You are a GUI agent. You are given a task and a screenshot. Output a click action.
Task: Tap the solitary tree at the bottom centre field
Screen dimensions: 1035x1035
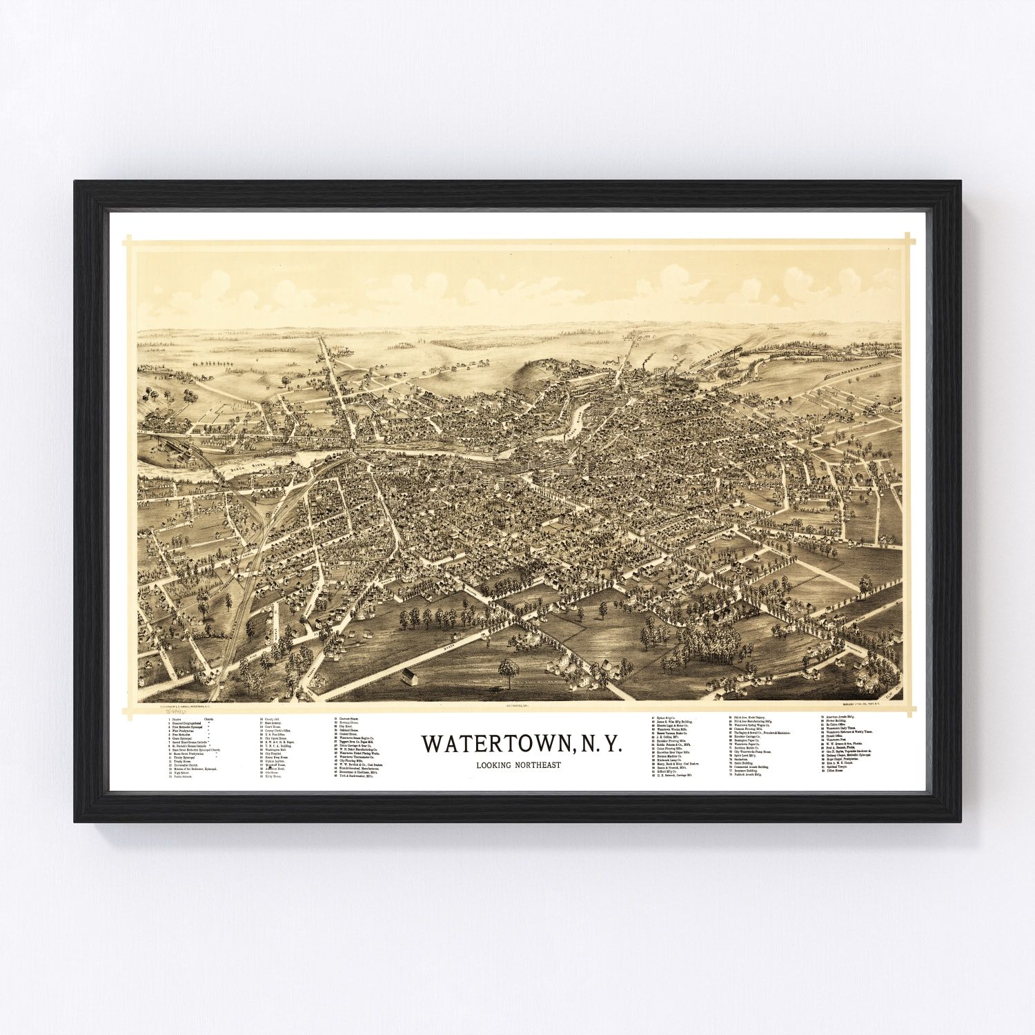509,670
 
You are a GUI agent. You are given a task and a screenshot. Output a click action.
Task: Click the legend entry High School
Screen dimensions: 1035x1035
184,773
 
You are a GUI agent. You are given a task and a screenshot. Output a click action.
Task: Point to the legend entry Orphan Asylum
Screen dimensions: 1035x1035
274,762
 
